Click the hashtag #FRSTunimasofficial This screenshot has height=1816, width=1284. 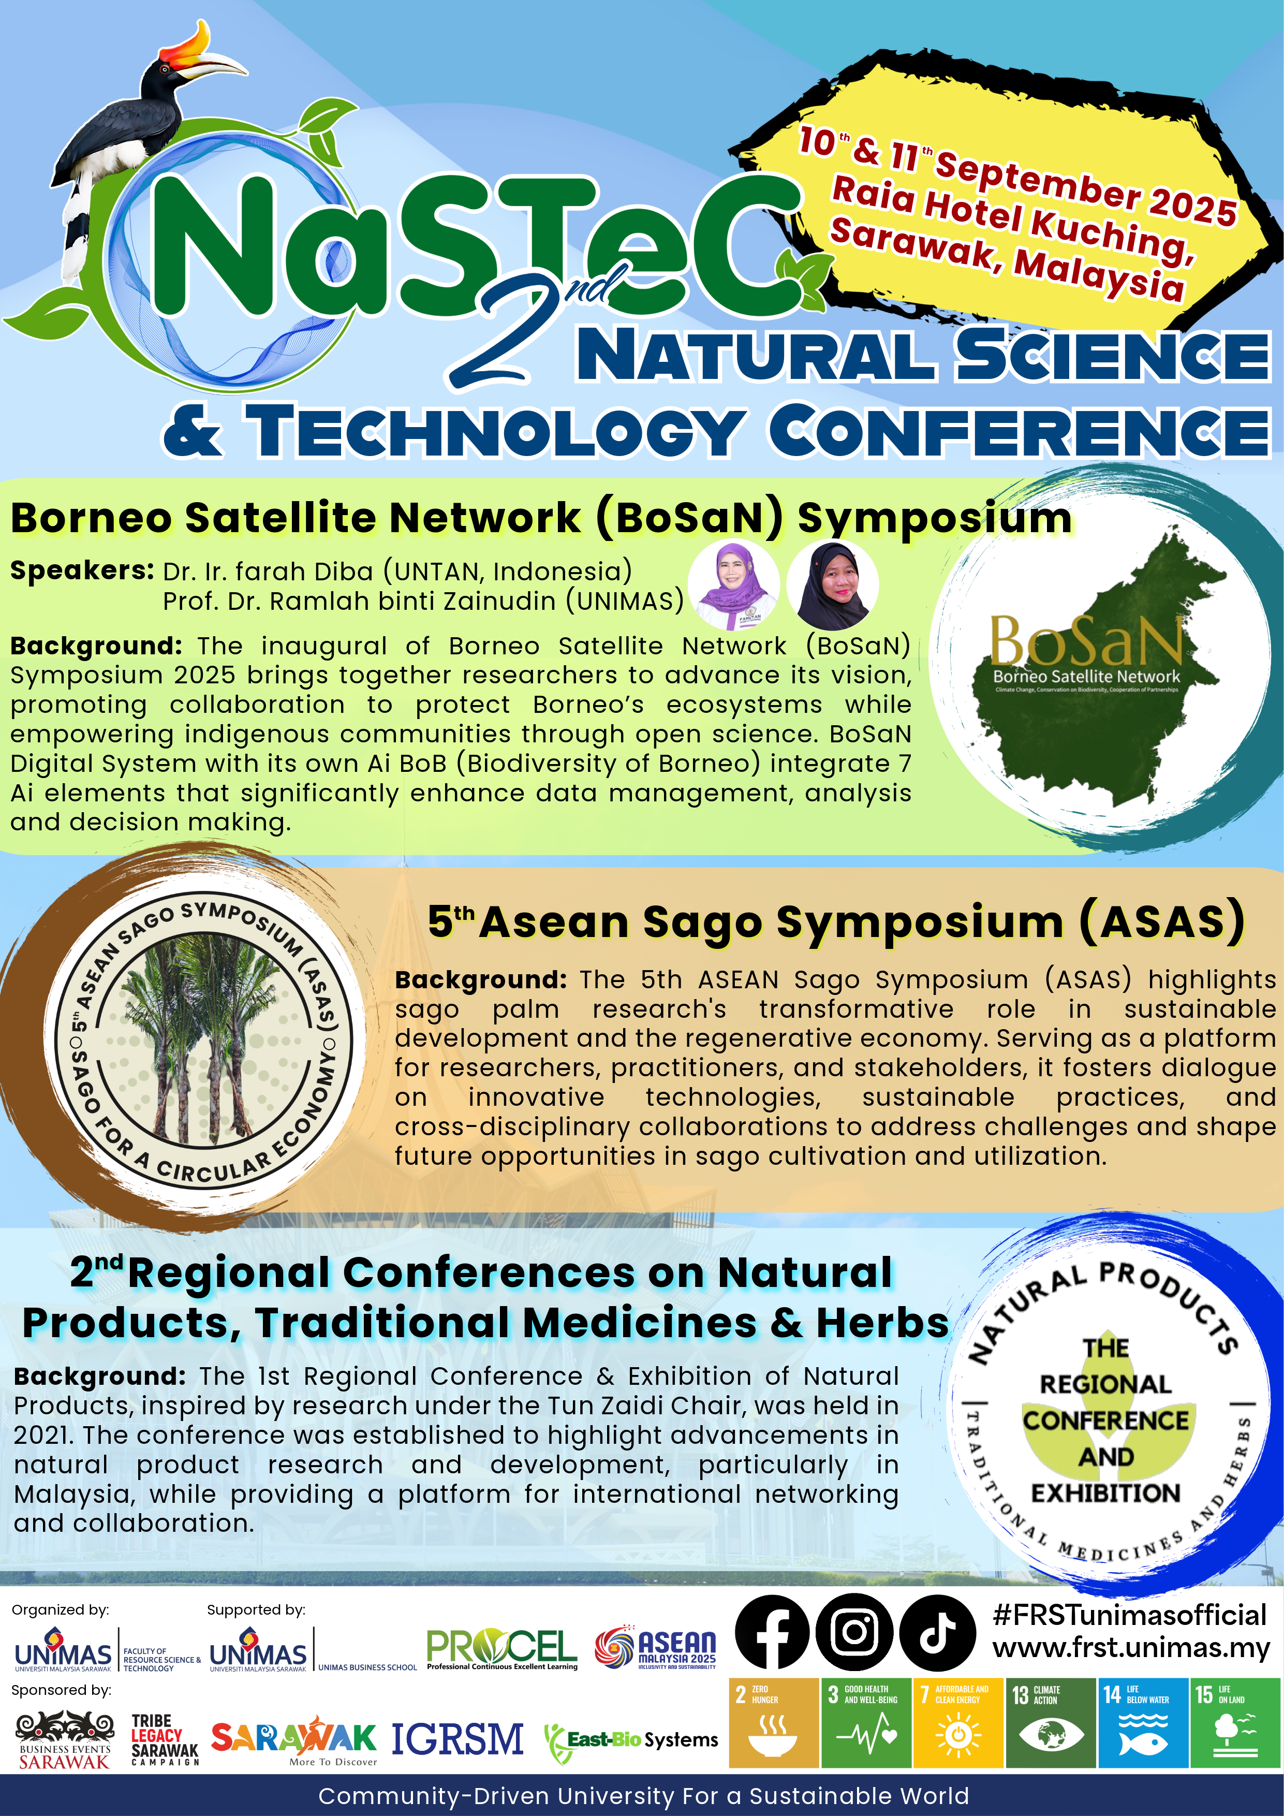point(1130,1614)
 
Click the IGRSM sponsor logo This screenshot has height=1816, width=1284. point(458,1739)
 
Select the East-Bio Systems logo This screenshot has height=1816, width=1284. point(631,1740)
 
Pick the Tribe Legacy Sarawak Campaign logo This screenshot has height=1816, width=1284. point(165,1739)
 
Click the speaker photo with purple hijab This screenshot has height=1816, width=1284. point(734,585)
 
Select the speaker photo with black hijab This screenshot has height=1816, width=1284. point(833,585)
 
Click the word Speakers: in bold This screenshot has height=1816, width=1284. point(82,570)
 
